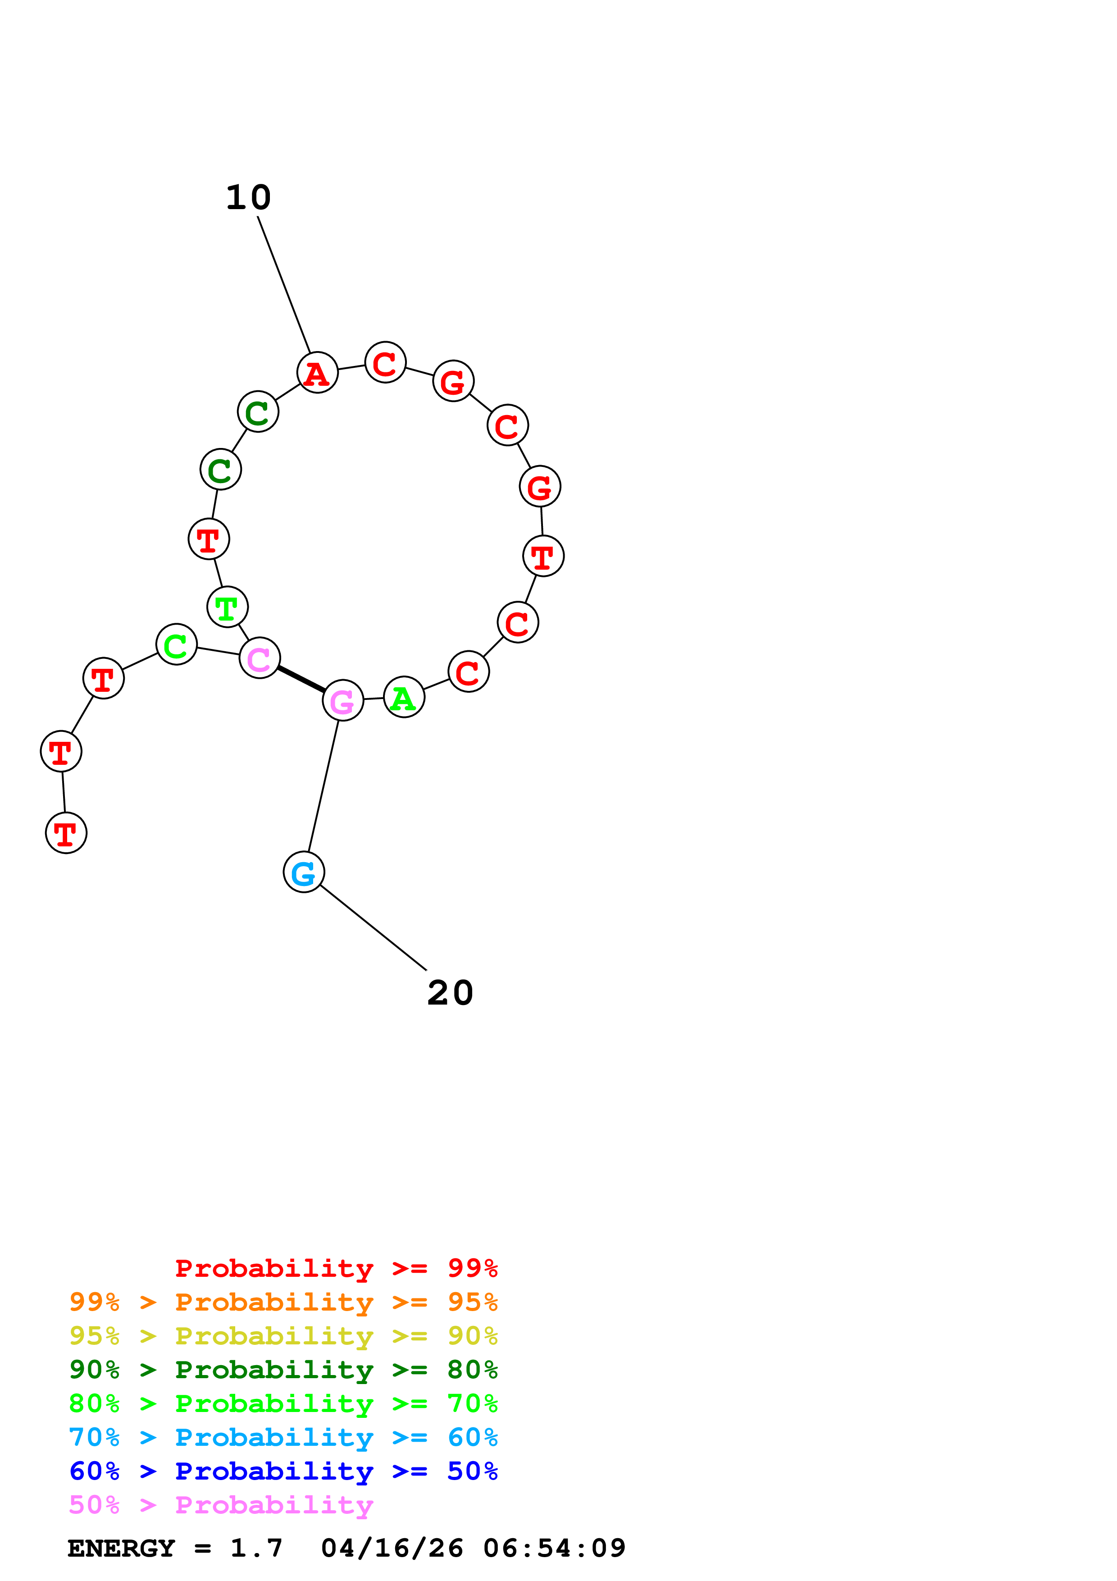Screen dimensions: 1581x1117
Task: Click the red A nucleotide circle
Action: click(x=317, y=373)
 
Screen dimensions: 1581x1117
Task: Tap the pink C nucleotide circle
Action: click(x=260, y=658)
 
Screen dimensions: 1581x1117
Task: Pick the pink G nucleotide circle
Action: click(x=343, y=700)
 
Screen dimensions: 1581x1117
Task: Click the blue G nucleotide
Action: click(x=304, y=873)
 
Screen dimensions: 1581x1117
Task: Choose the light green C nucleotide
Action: click(x=177, y=644)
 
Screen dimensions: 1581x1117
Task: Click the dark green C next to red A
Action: click(x=258, y=412)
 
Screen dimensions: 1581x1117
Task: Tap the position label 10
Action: click(x=248, y=197)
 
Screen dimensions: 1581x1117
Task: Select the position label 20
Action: click(x=450, y=992)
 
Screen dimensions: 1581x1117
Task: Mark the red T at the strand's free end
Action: click(x=66, y=833)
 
